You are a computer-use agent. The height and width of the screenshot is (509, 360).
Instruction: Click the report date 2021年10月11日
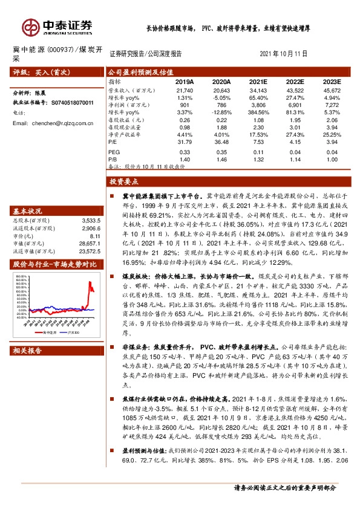pos(283,53)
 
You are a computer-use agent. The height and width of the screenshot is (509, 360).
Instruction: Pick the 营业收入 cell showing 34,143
pos(258,89)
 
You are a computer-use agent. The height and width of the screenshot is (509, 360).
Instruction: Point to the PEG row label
pos(114,151)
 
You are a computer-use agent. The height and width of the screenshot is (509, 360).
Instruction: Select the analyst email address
pos(53,123)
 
